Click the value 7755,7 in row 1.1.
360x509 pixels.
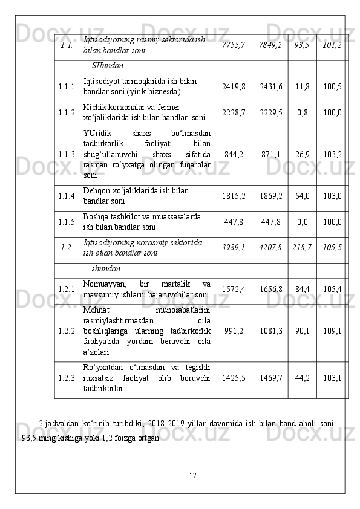(234, 45)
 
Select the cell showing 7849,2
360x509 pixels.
(270, 45)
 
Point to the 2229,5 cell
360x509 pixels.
(270, 112)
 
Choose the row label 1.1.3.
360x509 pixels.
(67, 154)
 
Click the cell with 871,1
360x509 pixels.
(270, 154)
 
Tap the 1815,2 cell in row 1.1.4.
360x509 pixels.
(234, 196)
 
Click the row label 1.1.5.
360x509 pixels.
(67, 222)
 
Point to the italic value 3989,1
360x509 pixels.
(234, 247)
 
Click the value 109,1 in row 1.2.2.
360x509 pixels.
(331, 331)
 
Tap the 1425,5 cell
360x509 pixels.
(234, 378)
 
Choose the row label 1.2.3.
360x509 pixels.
(67, 378)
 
